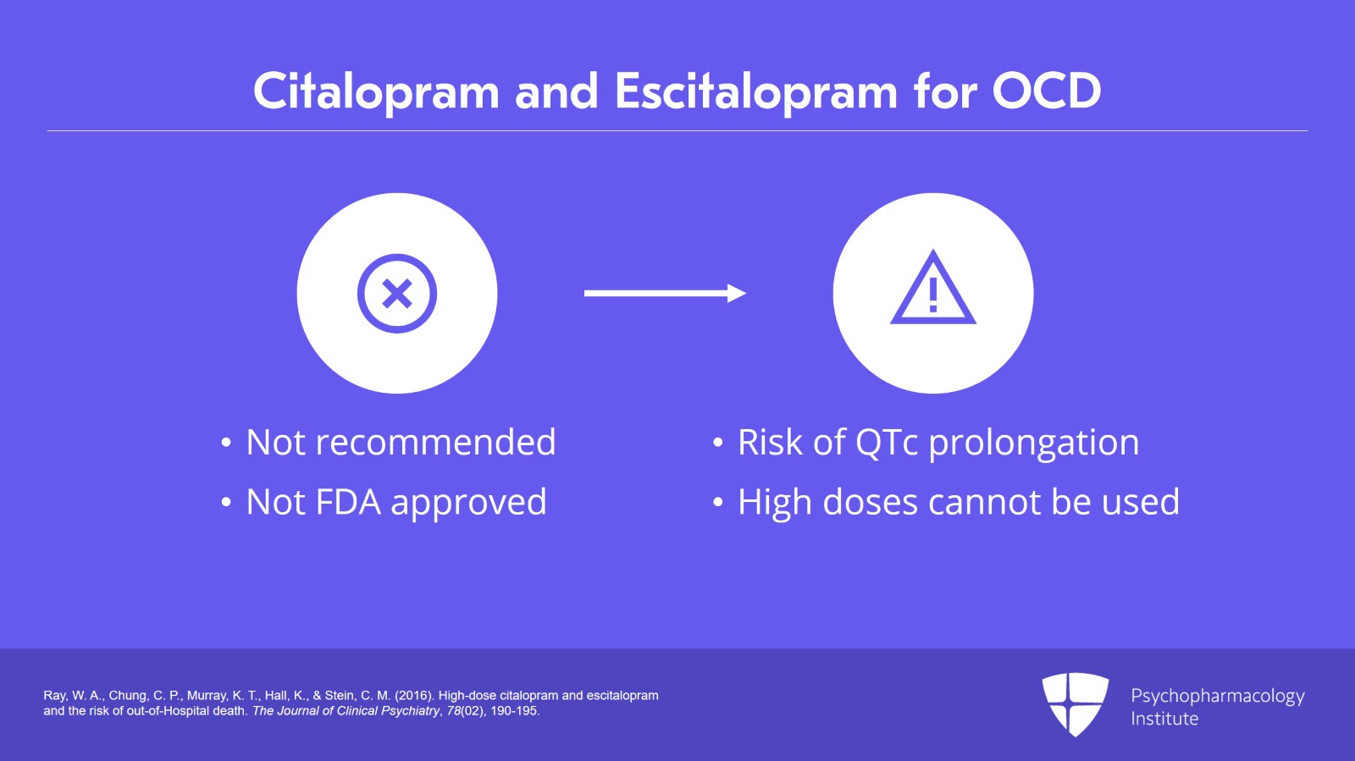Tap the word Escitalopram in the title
(755, 92)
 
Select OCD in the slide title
(1046, 91)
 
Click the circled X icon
(396, 294)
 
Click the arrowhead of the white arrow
(736, 294)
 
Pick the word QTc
(887, 443)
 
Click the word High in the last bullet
(775, 503)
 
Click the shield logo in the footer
(1075, 703)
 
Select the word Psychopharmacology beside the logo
(1217, 697)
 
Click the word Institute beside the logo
(1164, 719)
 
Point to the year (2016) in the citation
(413, 696)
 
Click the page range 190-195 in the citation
(514, 711)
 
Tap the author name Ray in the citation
(55, 696)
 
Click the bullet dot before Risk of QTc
(718, 443)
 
